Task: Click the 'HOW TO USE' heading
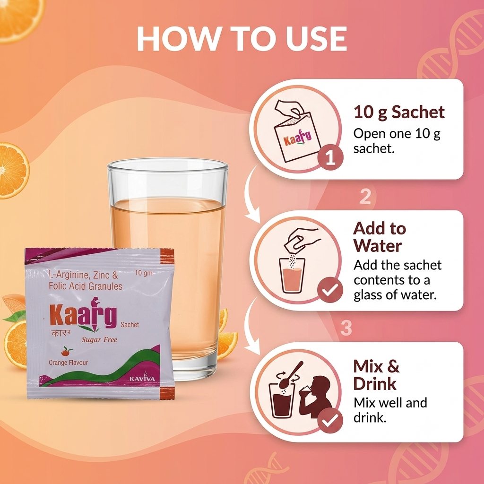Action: click(242, 39)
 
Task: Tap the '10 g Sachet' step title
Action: click(399, 112)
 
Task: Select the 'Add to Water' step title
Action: click(380, 237)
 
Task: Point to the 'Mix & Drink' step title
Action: click(376, 375)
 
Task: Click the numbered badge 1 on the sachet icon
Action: click(330, 157)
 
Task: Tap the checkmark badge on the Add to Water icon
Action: click(330, 290)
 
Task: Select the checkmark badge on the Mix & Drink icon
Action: click(330, 420)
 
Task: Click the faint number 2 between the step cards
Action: click(365, 196)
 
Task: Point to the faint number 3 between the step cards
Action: click(346, 328)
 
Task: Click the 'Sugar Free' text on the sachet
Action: click(99, 340)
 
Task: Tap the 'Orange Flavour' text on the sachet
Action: click(68, 363)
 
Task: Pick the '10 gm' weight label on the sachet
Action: click(144, 273)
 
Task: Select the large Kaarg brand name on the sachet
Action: click(83, 314)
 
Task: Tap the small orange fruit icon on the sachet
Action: click(66, 351)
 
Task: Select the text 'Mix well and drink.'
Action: click(390, 410)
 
